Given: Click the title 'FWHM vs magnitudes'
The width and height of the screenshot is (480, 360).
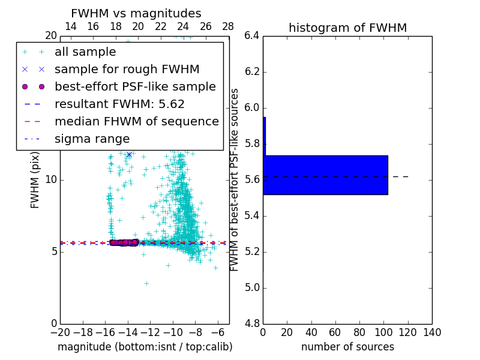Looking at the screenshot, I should (136, 14).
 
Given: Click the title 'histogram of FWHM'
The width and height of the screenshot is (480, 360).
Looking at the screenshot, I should (347, 28).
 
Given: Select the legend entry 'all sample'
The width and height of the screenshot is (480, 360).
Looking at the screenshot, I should (85, 52).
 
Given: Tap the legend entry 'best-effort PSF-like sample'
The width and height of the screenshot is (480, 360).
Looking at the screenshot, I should (135, 86).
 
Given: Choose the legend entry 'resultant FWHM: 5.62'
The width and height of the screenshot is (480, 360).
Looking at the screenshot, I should (119, 104).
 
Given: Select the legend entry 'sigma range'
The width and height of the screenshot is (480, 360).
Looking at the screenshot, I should (92, 139).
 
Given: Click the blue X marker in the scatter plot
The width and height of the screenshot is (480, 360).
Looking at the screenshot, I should (128, 154).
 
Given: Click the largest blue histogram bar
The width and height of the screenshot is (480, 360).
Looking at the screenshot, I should (325, 175).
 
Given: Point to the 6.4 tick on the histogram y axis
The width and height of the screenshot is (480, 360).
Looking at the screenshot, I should (252, 36).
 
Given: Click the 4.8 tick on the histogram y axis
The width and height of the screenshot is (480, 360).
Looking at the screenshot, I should (252, 323).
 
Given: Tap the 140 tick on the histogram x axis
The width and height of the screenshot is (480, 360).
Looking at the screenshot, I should (431, 332).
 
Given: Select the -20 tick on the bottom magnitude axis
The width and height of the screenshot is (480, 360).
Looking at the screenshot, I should (60, 332).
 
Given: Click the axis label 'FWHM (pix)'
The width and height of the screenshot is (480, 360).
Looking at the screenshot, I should (35, 180).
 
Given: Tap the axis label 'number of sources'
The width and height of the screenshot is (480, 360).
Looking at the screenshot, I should (347, 347).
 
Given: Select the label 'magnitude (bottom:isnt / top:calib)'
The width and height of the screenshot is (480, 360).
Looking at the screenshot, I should (145, 347).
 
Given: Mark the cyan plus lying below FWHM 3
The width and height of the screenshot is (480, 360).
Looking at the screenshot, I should (146, 283).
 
